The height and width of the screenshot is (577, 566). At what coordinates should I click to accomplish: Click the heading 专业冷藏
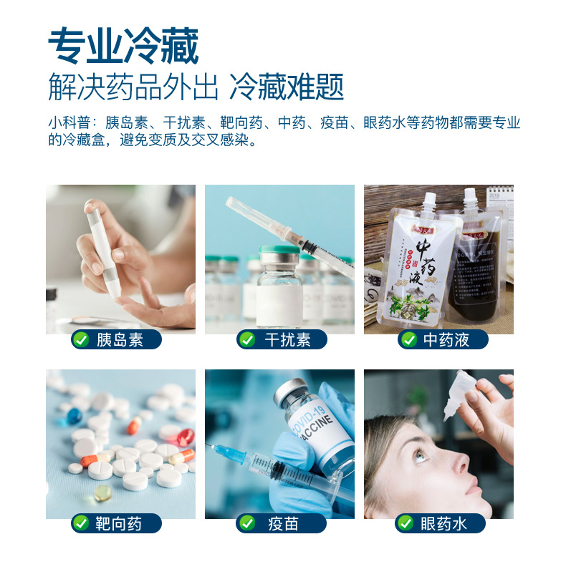coord(123,47)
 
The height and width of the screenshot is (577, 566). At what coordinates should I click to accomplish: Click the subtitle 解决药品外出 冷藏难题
coord(196,87)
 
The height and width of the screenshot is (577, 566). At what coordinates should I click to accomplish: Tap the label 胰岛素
coord(120,340)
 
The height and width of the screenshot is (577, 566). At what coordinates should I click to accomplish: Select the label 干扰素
coord(287,340)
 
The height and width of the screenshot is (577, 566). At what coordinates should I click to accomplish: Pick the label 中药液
coord(446,340)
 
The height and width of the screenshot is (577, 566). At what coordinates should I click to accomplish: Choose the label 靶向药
coord(120,524)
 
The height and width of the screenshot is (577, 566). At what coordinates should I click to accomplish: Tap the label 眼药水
coord(446,524)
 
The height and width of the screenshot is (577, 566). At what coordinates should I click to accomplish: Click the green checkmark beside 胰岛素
coord(82,340)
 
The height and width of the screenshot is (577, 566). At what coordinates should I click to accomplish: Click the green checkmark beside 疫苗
coord(247,524)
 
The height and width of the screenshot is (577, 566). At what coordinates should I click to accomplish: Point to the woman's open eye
coord(421,456)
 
